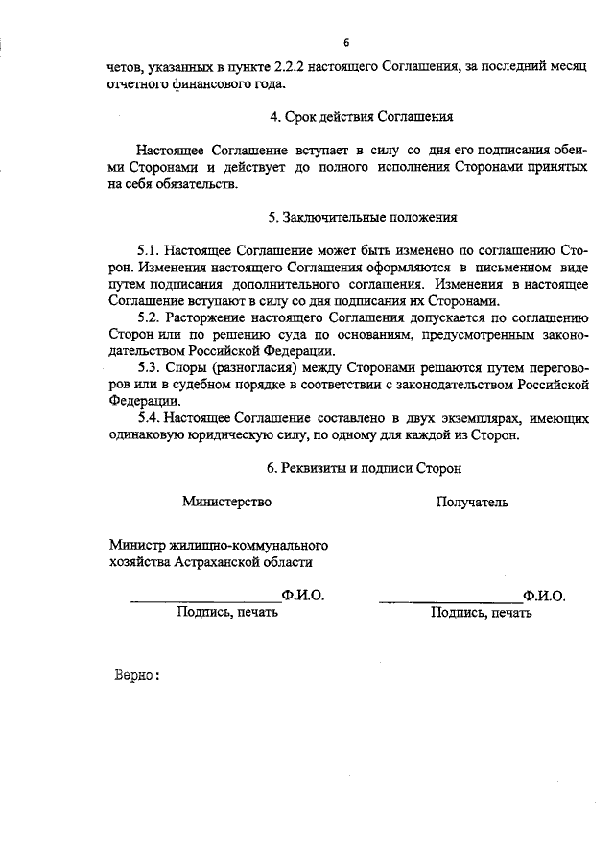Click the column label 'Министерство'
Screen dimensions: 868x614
(x=227, y=502)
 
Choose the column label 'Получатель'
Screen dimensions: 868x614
(x=472, y=502)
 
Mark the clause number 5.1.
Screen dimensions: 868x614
(x=151, y=250)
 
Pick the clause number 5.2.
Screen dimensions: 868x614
(x=151, y=317)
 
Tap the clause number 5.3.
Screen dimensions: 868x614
(x=151, y=367)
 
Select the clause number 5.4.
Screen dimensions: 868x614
(x=151, y=418)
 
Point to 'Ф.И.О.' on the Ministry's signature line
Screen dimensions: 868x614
(x=303, y=595)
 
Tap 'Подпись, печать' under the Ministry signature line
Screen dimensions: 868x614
(x=227, y=612)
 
